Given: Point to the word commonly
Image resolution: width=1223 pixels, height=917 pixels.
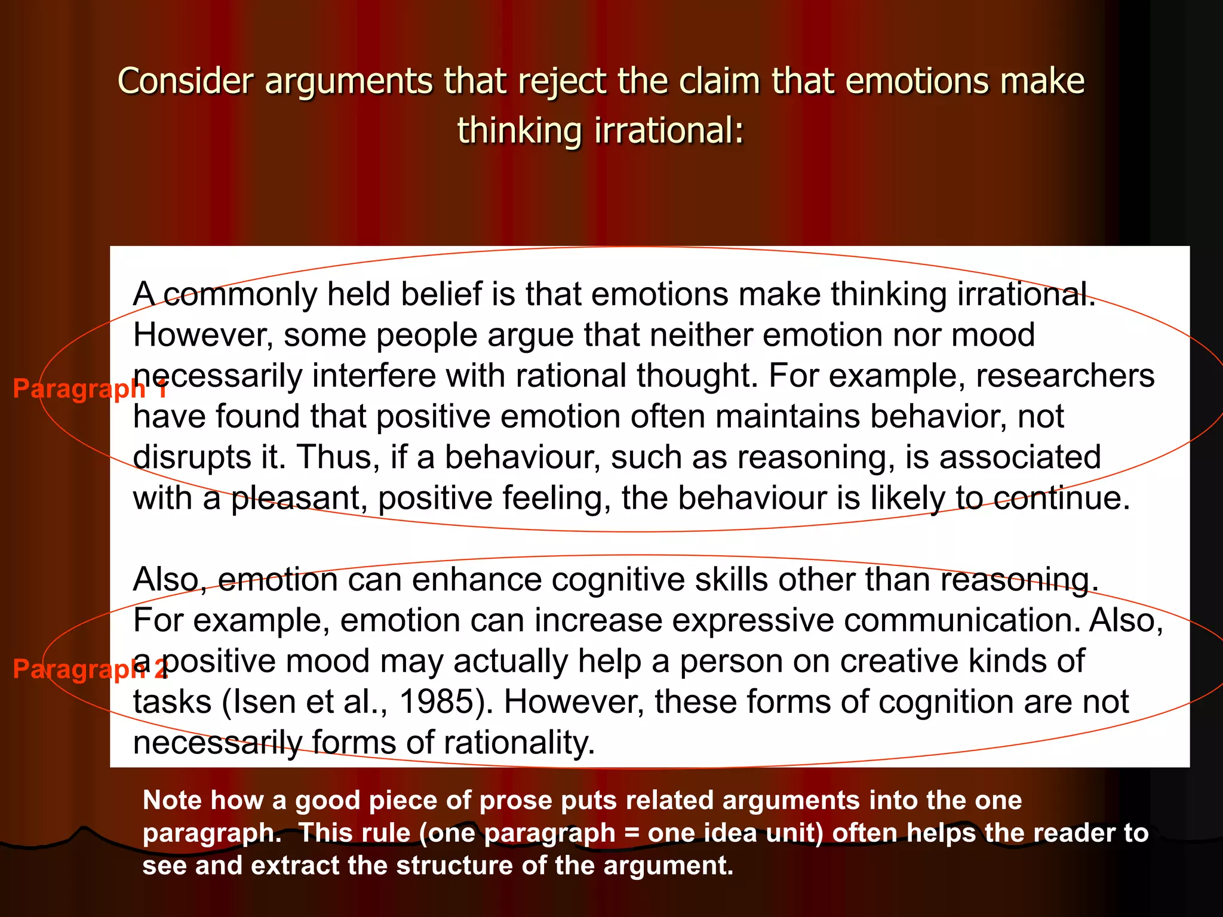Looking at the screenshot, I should click(240, 294).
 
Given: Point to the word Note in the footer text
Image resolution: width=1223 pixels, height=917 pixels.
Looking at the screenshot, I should click(174, 801).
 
